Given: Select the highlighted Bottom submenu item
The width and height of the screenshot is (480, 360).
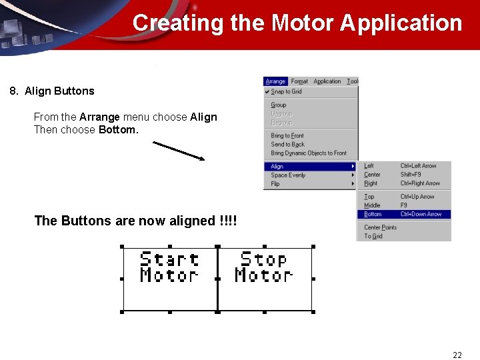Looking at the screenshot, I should tap(373, 214).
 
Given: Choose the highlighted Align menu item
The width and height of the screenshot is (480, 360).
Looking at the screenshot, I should tap(277, 166).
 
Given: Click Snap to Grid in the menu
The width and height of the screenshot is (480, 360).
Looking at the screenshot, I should tap(287, 91).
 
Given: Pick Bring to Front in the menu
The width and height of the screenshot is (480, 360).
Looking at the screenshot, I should tap(287, 135).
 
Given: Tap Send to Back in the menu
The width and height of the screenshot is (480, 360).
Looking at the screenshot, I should tap(287, 144).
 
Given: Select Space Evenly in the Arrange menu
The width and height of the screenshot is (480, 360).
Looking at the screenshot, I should tap(288, 175).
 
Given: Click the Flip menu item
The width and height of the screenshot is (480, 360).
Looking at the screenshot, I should tap(275, 184).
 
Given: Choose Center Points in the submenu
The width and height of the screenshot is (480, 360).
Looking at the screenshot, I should tap(380, 227).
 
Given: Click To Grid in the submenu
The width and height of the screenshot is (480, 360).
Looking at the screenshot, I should tap(373, 236).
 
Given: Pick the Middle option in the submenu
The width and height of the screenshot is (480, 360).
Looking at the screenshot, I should tap(372, 205).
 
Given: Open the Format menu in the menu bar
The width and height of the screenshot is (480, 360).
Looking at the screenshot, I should tap(299, 81).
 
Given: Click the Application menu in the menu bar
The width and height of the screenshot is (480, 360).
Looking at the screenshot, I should tap(327, 81).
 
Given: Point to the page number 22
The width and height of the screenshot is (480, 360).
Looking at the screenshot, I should tap(457, 355).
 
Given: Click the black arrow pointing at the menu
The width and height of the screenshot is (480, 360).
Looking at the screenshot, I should tap(179, 150).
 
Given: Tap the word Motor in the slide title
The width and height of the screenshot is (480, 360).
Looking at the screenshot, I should tap(303, 23).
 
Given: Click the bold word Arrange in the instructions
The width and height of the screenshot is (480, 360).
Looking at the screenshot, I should tap(99, 117).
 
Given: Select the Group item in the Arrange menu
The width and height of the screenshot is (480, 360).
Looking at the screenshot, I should tap(279, 105).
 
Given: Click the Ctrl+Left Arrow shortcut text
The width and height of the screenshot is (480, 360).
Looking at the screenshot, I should tap(419, 166).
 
